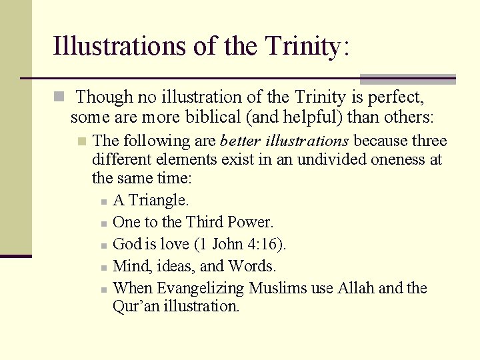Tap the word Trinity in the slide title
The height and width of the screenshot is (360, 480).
pyautogui.click(x=304, y=46)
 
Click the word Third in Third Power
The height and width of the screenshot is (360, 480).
pyautogui.click(x=205, y=222)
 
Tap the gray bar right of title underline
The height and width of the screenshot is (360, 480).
pyautogui.click(x=407, y=79)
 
